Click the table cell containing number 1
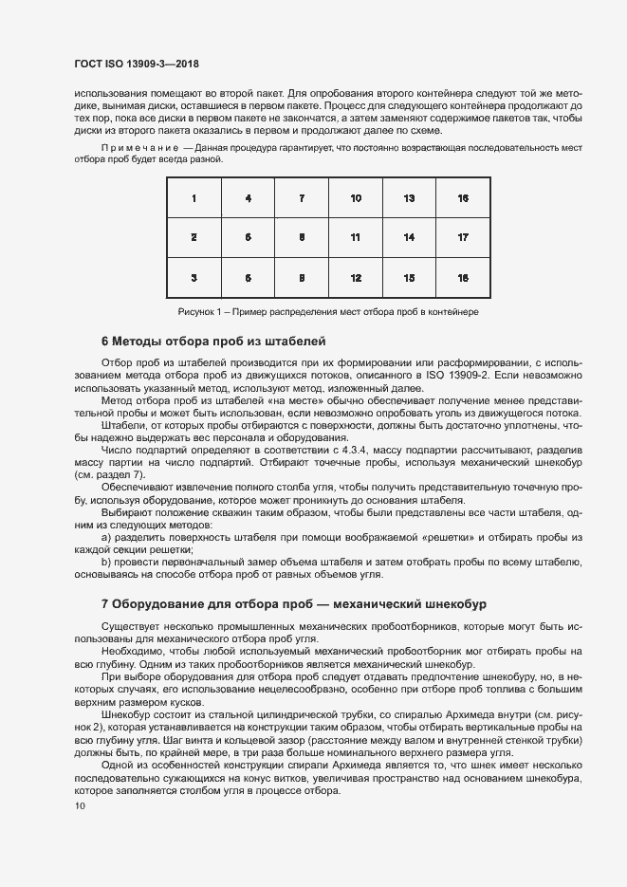point(194,198)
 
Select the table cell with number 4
point(248,198)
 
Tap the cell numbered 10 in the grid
point(355,198)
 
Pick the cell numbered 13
point(409,198)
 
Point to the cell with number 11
point(355,237)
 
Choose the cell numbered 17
point(463,237)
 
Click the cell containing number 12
point(355,278)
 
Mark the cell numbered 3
point(194,278)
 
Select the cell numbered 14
point(409,237)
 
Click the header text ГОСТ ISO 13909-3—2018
point(137,65)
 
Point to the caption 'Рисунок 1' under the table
point(328,311)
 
